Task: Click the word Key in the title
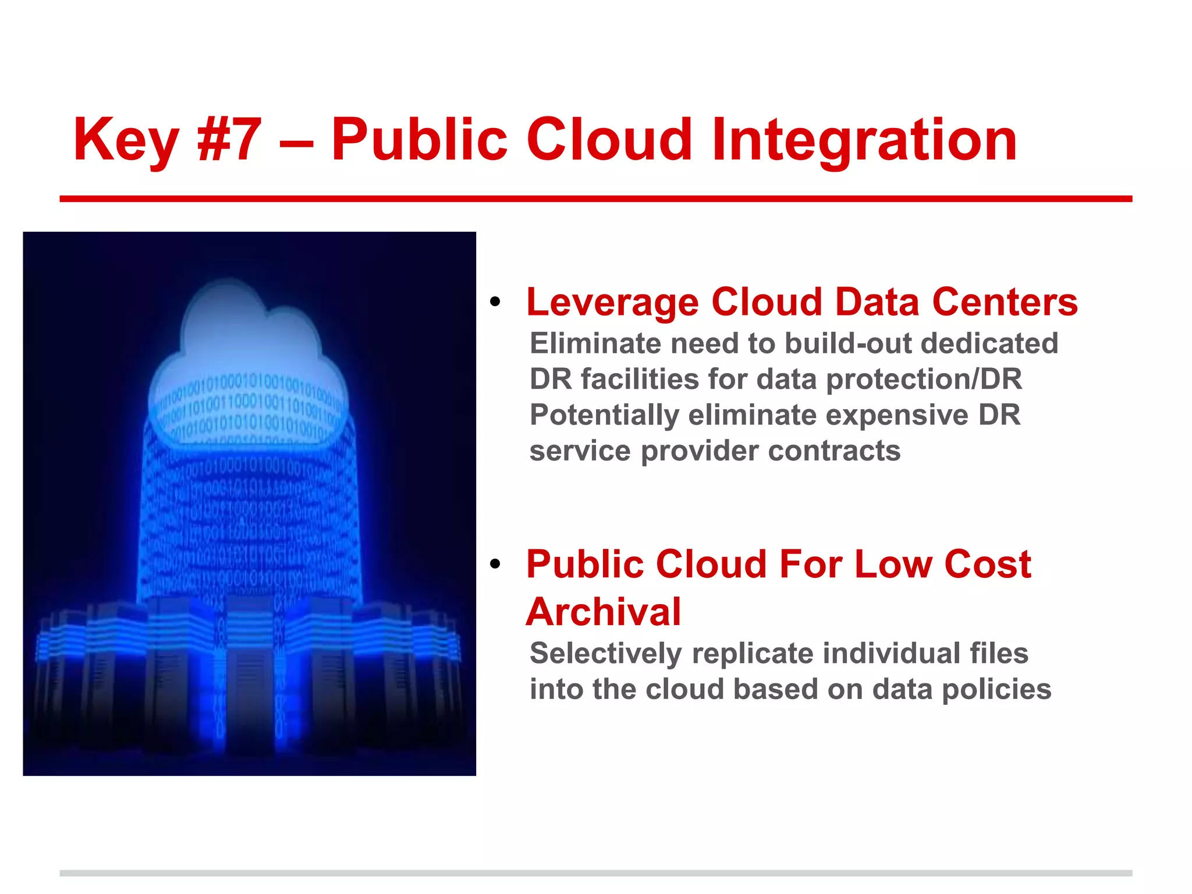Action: [x=125, y=141]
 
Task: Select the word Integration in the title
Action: [x=864, y=141]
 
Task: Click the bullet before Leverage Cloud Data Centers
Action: [x=495, y=302]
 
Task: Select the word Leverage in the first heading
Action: [x=612, y=303]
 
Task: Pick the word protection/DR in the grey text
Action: [x=924, y=379]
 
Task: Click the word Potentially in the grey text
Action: [x=604, y=416]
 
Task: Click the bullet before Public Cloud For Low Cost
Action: [x=495, y=564]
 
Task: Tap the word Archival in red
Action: [x=603, y=612]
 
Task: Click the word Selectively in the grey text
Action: [x=605, y=654]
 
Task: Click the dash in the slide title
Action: [x=296, y=142]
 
